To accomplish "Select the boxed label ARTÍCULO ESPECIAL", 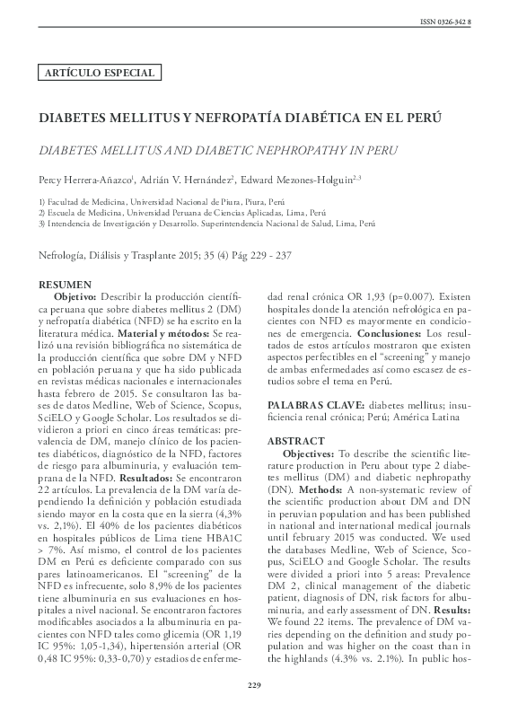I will pyautogui.click(x=97, y=73).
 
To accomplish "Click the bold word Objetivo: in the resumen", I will pyautogui.click(x=75, y=295).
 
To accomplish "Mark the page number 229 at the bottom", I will pyautogui.click(x=254, y=686).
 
